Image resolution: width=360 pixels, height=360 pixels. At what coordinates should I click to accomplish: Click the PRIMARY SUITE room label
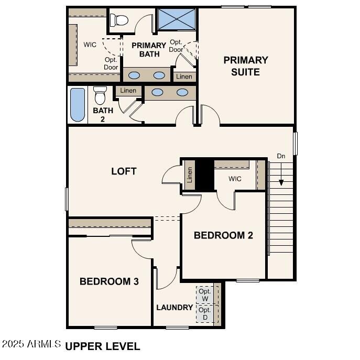point(245,66)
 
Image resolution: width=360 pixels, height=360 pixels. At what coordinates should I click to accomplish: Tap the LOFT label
point(124,171)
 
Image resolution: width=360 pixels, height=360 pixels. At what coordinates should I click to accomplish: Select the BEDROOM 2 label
point(223,235)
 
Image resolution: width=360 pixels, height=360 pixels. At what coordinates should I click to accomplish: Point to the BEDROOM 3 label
point(109,281)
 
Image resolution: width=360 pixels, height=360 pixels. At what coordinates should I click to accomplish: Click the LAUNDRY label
point(174,307)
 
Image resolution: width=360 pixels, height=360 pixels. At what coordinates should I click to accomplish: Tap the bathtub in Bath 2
point(78,105)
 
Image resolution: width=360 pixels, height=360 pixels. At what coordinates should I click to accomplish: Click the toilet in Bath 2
point(100,96)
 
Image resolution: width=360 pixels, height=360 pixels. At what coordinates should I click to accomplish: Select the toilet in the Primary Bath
point(120,20)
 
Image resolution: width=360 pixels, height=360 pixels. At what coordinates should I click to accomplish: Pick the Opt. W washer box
point(204,295)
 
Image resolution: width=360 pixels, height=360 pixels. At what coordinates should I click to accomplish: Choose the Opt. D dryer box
point(204,314)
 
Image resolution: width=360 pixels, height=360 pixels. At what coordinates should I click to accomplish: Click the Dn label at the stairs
point(281,156)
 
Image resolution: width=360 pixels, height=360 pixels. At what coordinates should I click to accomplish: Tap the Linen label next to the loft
point(190,175)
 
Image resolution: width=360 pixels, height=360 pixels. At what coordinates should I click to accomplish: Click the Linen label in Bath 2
point(128,91)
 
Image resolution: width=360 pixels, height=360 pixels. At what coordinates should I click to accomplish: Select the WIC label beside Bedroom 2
point(235,179)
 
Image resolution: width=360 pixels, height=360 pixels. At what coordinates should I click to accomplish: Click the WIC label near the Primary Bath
point(90,45)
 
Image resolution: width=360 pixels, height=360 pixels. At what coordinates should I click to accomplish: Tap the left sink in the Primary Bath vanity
point(134,75)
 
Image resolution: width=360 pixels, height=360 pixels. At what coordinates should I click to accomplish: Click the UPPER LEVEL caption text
point(103,346)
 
